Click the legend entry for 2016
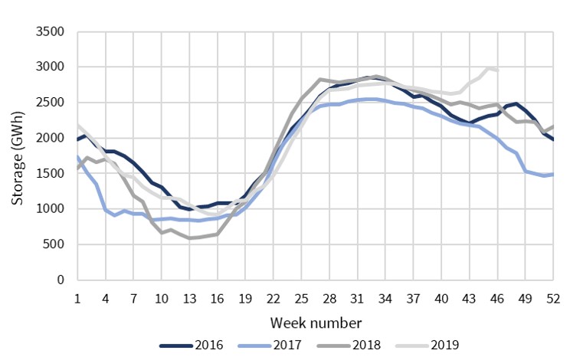coord(191,345)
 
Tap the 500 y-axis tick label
coord(55,244)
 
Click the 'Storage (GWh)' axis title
coord(17,156)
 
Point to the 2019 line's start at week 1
coord(77,124)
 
